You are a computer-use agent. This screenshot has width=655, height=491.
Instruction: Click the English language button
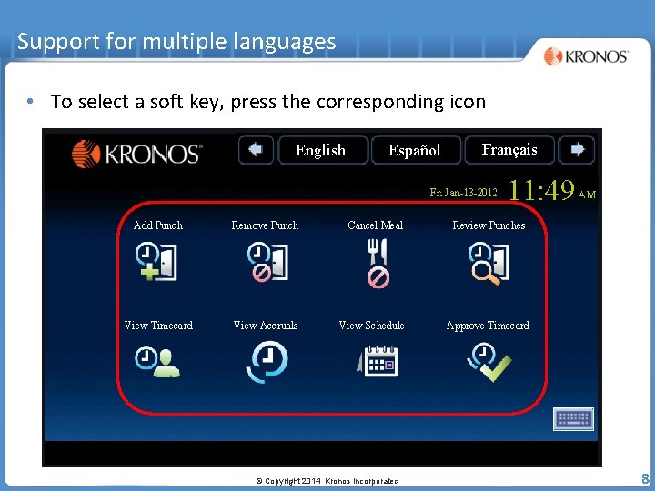(x=320, y=150)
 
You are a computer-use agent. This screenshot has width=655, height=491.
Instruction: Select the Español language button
(x=414, y=150)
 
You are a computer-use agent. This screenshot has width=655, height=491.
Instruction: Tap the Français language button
(x=509, y=149)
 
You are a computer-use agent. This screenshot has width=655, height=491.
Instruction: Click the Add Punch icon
(x=157, y=262)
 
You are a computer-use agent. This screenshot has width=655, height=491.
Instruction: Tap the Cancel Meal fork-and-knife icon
(x=377, y=263)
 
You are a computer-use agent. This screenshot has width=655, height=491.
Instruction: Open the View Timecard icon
(x=158, y=361)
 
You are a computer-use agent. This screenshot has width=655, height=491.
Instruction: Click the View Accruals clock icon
(x=267, y=361)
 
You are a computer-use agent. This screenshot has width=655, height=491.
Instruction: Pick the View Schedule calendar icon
(x=376, y=361)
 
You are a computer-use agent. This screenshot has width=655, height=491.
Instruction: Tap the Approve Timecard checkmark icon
(x=489, y=362)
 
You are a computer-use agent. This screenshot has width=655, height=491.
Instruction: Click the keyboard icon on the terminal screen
(x=573, y=418)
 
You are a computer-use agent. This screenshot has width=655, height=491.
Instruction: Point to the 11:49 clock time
(x=542, y=190)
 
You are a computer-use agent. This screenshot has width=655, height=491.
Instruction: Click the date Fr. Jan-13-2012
(x=463, y=193)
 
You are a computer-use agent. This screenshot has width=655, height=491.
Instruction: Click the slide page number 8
(x=644, y=478)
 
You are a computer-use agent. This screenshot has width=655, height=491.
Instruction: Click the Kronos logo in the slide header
(x=586, y=56)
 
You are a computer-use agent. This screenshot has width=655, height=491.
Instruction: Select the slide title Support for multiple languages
(x=176, y=41)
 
